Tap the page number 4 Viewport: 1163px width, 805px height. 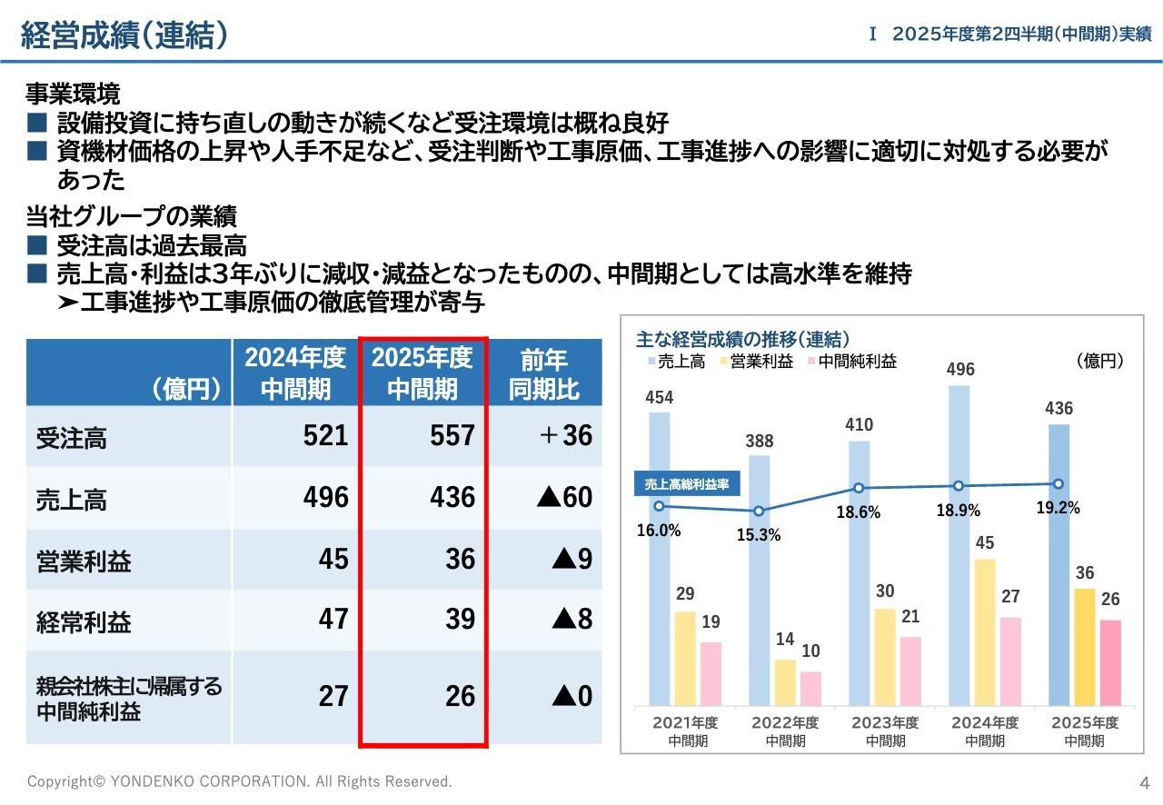click(x=1145, y=782)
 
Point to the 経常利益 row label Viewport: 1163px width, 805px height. click(x=84, y=622)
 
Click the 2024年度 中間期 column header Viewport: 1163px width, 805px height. click(x=295, y=373)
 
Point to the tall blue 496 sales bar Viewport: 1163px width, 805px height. click(x=959, y=545)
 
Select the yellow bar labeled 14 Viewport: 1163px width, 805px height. click(x=784, y=682)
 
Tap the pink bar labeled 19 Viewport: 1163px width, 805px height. click(x=711, y=673)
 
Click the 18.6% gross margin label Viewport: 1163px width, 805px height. click(x=858, y=512)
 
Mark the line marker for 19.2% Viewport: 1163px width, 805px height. click(x=1058, y=484)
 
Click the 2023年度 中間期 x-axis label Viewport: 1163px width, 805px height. click(x=884, y=731)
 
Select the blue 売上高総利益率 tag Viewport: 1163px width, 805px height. click(x=686, y=484)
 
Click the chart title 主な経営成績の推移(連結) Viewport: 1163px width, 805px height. click(x=742, y=340)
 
